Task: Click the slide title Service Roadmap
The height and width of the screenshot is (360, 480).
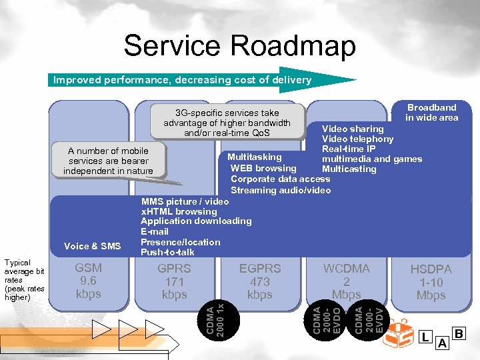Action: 239,46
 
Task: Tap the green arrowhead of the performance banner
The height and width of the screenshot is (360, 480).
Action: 337,80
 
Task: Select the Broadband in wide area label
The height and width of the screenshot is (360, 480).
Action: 432,112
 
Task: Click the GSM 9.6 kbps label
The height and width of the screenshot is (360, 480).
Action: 88,281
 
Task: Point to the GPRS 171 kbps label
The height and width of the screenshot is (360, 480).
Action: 174,281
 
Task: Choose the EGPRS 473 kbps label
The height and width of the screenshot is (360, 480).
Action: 260,281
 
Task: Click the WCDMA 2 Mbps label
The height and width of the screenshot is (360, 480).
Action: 346,281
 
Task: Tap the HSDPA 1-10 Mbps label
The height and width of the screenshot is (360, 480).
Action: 431,282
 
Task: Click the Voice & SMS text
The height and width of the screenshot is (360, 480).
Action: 93,246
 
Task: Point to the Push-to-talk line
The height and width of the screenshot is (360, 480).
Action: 167,252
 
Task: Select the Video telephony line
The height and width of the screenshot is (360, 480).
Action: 357,139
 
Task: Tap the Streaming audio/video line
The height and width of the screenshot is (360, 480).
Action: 280,190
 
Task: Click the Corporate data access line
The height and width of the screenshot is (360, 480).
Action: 280,179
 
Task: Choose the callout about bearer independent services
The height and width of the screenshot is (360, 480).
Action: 108,161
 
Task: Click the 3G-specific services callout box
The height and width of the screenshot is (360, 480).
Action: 227,123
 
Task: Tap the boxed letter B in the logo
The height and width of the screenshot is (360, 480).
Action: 459,333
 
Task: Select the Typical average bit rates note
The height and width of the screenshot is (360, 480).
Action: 24,280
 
